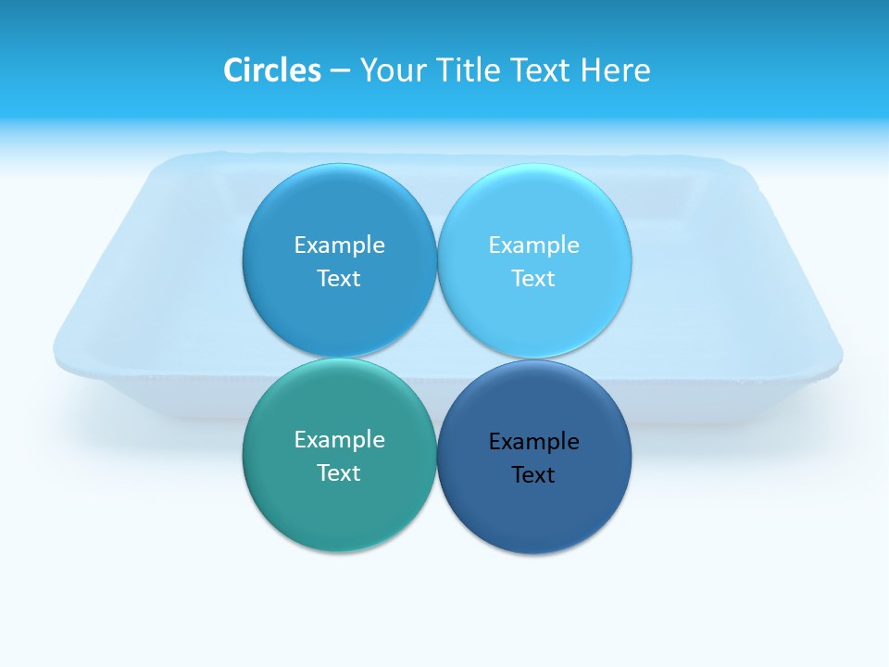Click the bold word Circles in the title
click(271, 70)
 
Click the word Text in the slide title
click(543, 70)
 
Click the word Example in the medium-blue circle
click(339, 245)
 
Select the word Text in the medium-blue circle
click(339, 278)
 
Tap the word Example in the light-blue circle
click(533, 245)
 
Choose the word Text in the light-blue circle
click(533, 278)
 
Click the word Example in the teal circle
click(339, 439)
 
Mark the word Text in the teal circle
click(339, 472)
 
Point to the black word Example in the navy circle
click(533, 441)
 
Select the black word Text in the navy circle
click(533, 474)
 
